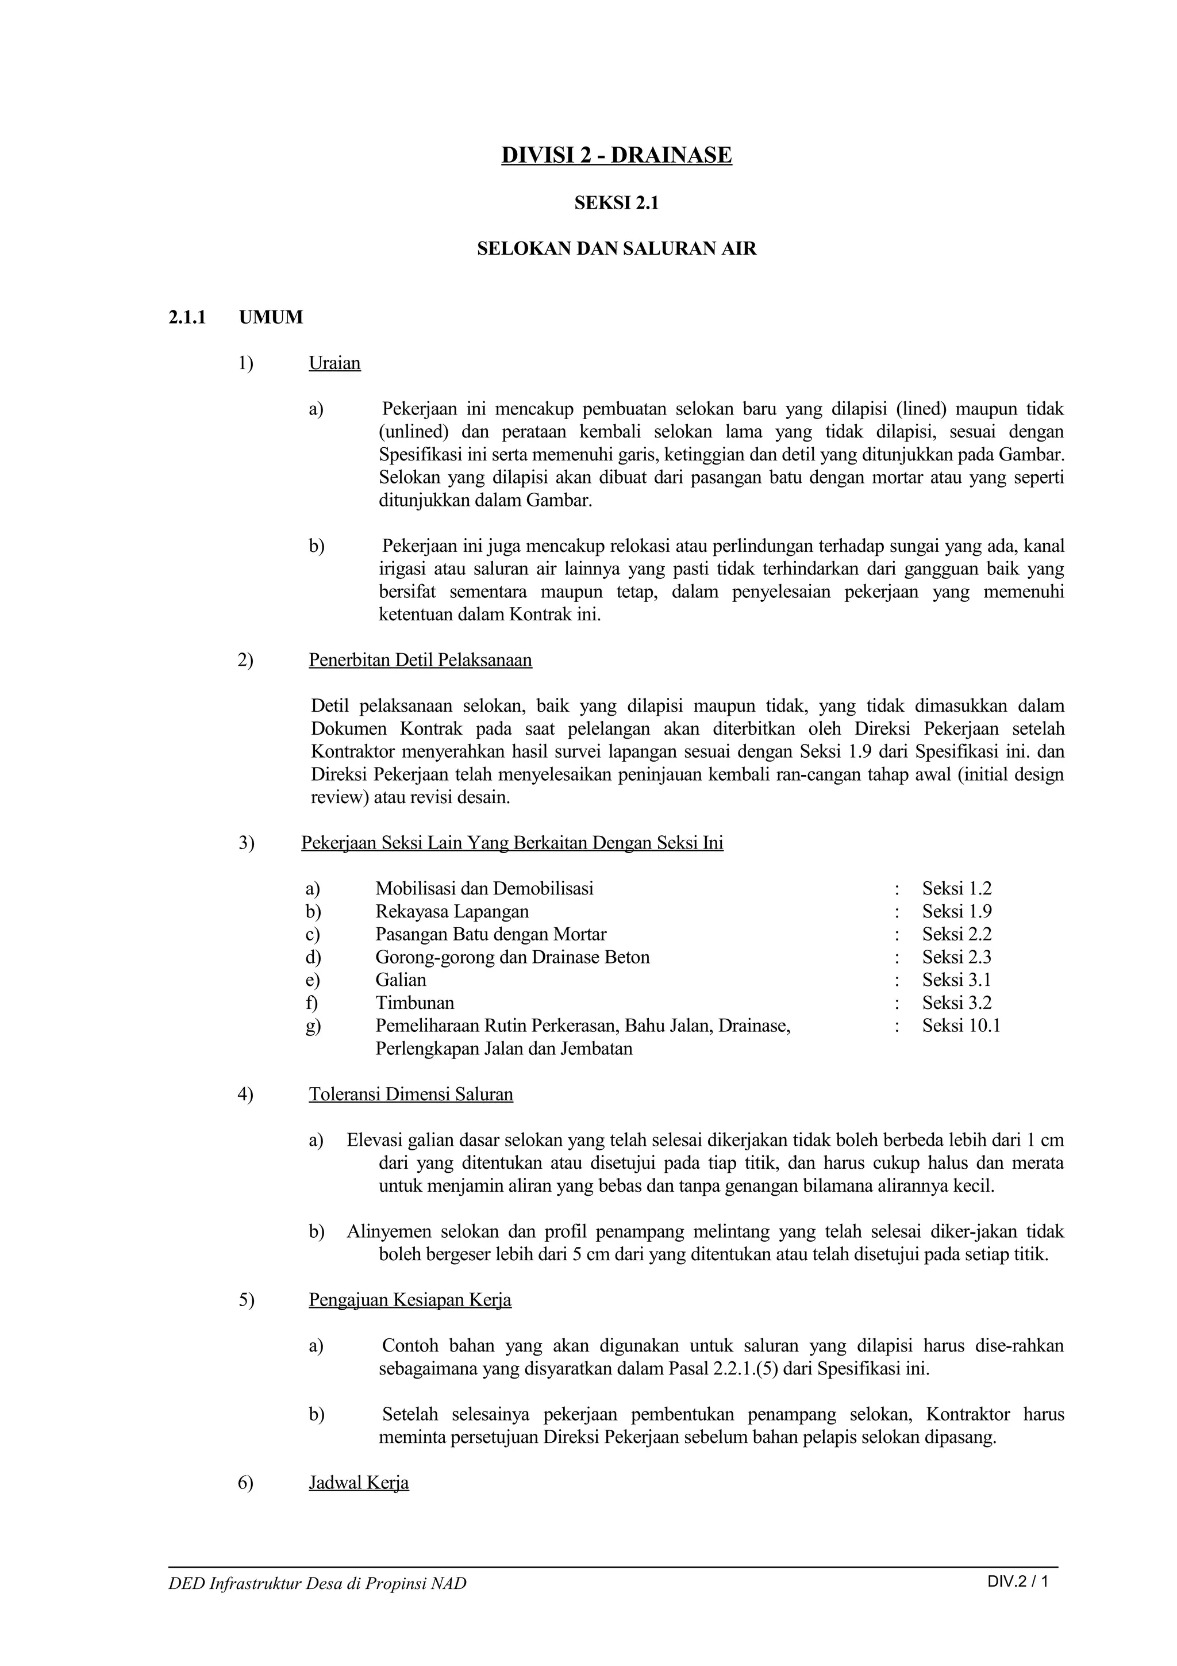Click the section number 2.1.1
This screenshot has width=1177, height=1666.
click(188, 317)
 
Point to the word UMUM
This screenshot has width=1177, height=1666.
click(271, 317)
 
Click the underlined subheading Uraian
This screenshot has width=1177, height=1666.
click(334, 363)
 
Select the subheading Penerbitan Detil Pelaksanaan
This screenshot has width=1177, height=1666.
click(420, 661)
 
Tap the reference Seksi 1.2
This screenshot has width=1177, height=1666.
click(956, 888)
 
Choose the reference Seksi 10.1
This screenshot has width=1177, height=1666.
click(961, 1025)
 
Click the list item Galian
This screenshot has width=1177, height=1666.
click(401, 980)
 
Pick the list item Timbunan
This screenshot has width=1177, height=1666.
click(414, 1003)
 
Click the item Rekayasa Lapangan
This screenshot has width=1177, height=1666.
click(452, 911)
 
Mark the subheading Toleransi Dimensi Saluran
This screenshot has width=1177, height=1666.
click(410, 1094)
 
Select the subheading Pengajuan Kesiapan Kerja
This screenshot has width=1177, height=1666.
click(410, 1300)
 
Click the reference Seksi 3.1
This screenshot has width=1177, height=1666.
click(956, 980)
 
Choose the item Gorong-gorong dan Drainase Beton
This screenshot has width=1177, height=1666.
click(512, 957)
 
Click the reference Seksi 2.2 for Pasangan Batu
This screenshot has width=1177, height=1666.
click(956, 934)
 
